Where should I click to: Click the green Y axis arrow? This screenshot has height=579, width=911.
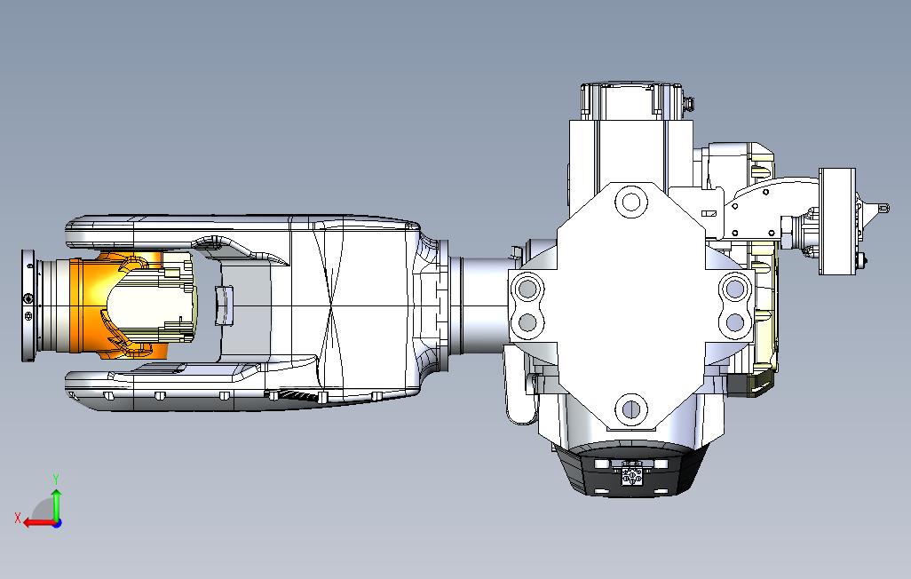(56, 504)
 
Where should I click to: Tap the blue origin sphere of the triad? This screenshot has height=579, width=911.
(57, 522)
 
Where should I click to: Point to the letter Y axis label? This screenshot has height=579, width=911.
(56, 479)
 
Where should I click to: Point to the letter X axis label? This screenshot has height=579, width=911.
(17, 517)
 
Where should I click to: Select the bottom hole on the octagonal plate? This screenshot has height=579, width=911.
(630, 409)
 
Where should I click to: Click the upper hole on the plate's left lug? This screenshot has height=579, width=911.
(527, 289)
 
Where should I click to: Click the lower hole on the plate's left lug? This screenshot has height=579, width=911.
(527, 321)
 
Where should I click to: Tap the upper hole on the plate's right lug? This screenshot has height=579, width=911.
(735, 288)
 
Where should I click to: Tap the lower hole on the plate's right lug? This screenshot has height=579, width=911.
(735, 321)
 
